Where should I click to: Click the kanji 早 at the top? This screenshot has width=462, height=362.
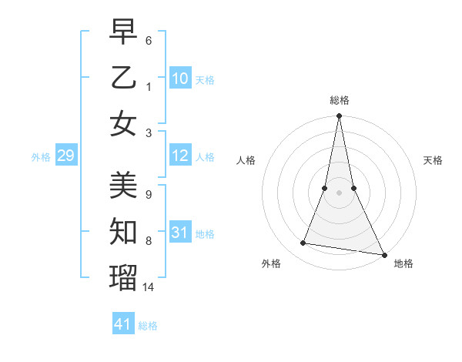[x=123, y=32]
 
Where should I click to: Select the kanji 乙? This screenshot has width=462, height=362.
[x=123, y=78]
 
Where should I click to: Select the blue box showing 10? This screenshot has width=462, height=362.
[x=180, y=78]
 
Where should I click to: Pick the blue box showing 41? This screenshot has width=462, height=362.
[x=123, y=324]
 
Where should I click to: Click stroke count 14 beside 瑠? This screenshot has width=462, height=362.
[x=149, y=287]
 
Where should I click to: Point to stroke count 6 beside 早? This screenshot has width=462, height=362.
[x=149, y=39]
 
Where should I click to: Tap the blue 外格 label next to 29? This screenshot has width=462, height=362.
[x=41, y=157]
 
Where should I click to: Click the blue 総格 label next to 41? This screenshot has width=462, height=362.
[x=148, y=325]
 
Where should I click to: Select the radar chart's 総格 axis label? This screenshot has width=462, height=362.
[x=339, y=100]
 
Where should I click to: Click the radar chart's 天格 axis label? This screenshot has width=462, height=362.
[x=433, y=160]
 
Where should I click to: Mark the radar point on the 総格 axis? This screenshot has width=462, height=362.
[x=339, y=116]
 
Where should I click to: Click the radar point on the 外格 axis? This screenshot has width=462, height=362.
[x=303, y=243]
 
